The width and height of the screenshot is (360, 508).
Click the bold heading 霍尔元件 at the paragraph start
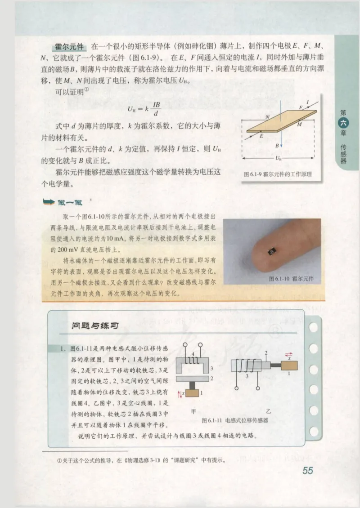[x=70, y=47]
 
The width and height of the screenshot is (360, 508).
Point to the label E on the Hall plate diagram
[x=261, y=135]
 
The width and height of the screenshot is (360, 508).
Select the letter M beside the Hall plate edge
[x=300, y=125]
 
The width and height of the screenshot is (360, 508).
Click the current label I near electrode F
[x=308, y=103]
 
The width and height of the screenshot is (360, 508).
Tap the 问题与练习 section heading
[x=95, y=325]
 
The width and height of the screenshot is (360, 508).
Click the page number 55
[x=308, y=471]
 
